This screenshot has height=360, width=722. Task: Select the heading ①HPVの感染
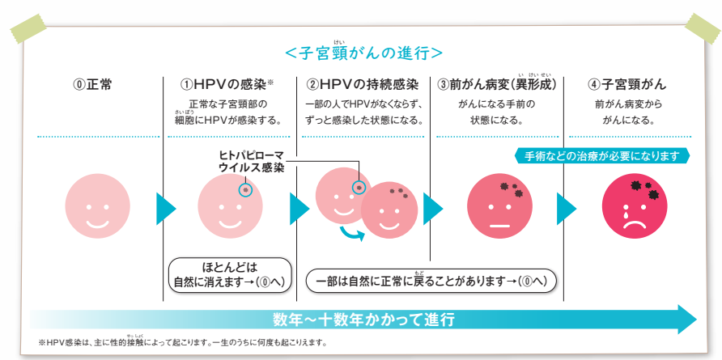tap(227, 84)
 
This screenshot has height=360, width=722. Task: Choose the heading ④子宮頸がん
tap(628, 84)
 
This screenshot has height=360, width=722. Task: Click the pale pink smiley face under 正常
tap(97, 208)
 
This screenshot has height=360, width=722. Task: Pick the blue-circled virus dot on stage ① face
tap(245, 190)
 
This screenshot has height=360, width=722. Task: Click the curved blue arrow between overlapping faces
tap(350, 235)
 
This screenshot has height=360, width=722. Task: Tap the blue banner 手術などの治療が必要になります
tap(601, 155)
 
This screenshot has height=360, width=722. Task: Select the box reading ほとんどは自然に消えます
tap(229, 274)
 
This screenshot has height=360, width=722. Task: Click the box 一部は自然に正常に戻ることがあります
tap(431, 281)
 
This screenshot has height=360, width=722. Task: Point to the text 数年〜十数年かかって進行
tap(363, 319)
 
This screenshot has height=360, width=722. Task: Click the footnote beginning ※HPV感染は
tap(183, 343)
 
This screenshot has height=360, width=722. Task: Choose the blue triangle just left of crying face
tap(566, 209)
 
